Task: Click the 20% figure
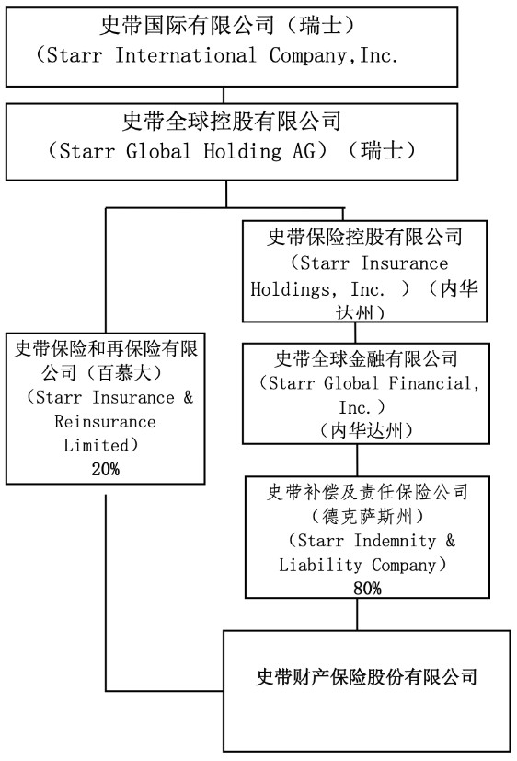point(105,469)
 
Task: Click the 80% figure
point(367,588)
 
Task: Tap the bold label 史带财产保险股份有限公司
point(367,676)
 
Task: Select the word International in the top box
point(186,55)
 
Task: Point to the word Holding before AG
point(242,151)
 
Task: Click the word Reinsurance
point(105,421)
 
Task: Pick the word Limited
point(97,445)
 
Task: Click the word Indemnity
point(395,540)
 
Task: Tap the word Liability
point(320,565)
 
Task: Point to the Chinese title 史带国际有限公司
point(187,25)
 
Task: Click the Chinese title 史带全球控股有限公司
point(232,122)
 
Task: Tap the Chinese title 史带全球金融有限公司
point(366,359)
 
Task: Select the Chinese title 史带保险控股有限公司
point(365,237)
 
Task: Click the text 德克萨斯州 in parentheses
point(367,516)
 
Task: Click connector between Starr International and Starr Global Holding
point(224,95)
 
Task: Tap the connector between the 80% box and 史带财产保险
point(358,615)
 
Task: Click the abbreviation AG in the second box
point(304,151)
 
